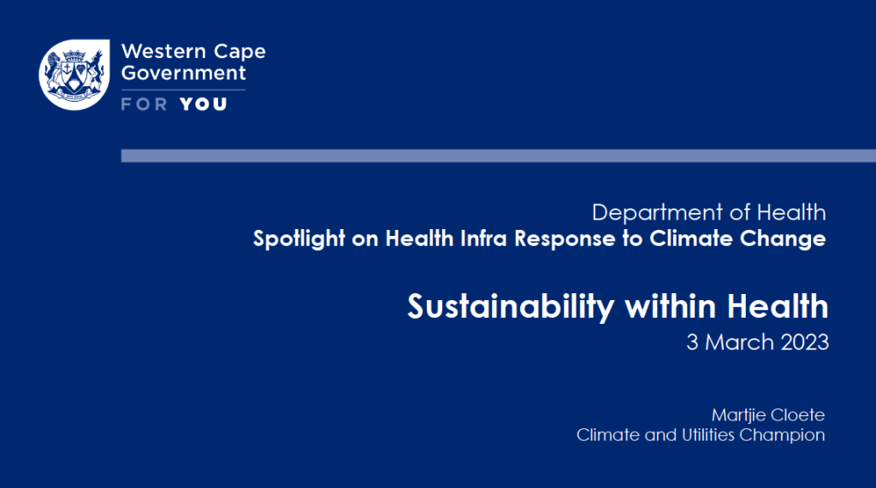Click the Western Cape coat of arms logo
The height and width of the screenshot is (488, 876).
74,75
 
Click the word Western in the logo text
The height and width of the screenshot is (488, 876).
163,51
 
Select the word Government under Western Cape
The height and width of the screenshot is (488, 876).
183,73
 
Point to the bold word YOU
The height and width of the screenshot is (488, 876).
204,104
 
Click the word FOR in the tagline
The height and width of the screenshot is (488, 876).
144,104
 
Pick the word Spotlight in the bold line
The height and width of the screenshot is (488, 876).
299,239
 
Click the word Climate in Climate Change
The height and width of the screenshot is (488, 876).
691,238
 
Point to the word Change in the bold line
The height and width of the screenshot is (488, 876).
783,239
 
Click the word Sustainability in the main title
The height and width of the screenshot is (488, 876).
511,308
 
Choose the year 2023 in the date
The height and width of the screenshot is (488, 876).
804,342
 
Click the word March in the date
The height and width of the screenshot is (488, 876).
739,342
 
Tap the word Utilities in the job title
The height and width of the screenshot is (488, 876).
707,435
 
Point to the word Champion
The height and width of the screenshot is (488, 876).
782,436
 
